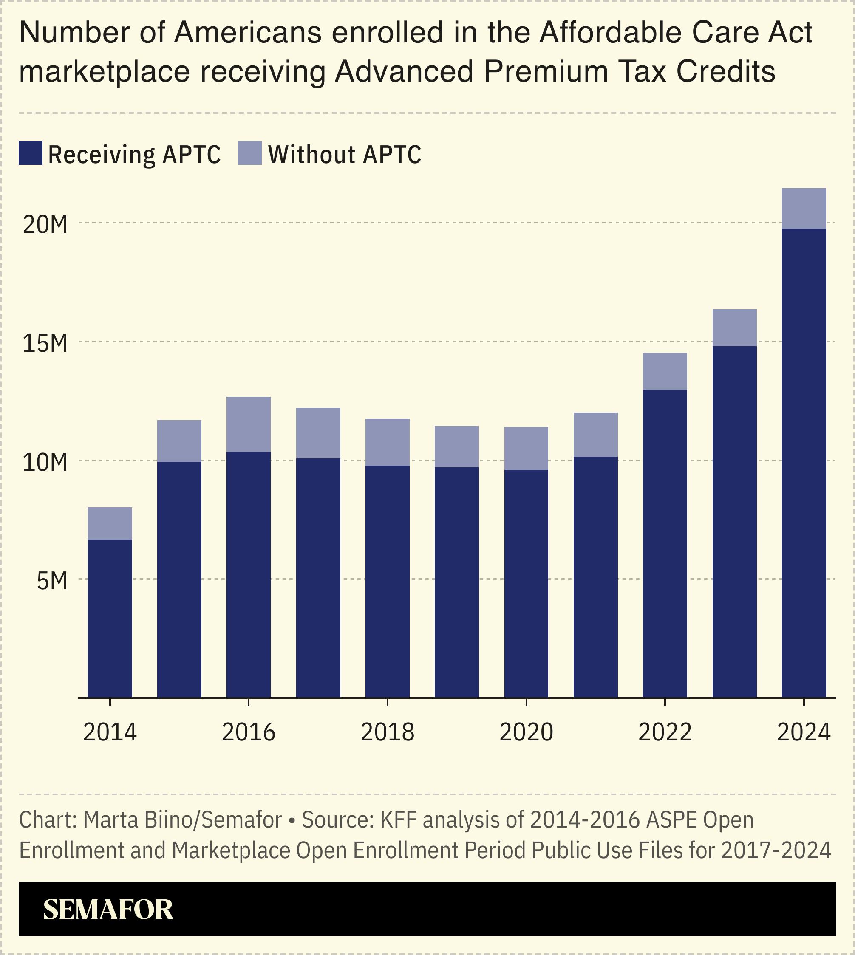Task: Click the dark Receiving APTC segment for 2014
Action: [x=110, y=619]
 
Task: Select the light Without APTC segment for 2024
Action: [x=804, y=209]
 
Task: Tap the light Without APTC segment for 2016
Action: [x=249, y=424]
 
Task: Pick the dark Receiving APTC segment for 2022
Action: [x=665, y=543]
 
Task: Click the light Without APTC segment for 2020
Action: [x=526, y=448]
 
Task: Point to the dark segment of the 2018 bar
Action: [x=387, y=581]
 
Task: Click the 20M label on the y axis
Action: [x=45, y=225]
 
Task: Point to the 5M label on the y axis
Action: [x=52, y=581]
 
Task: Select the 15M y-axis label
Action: [x=45, y=344]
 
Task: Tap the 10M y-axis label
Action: [x=45, y=463]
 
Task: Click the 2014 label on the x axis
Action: [x=110, y=732]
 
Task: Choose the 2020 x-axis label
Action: [x=526, y=732]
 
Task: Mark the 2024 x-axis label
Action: [x=804, y=732]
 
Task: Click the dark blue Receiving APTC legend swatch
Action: [x=31, y=153]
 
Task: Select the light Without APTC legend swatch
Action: [x=249, y=153]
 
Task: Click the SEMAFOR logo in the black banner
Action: [x=108, y=910]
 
